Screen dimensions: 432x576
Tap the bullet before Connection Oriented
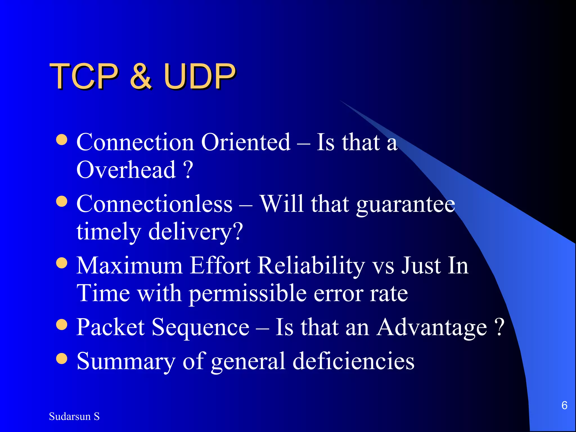62,140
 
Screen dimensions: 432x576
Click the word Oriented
246,142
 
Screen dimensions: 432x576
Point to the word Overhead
126,170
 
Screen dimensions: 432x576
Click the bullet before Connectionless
62,201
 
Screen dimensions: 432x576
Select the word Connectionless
154,204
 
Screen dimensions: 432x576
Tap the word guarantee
406,205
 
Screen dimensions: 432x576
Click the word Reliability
311,266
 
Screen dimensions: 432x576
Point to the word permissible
247,294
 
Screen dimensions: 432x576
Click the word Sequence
200,327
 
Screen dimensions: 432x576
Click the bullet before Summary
62,359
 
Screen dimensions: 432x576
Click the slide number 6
564,405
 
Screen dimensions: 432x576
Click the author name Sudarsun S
74,417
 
